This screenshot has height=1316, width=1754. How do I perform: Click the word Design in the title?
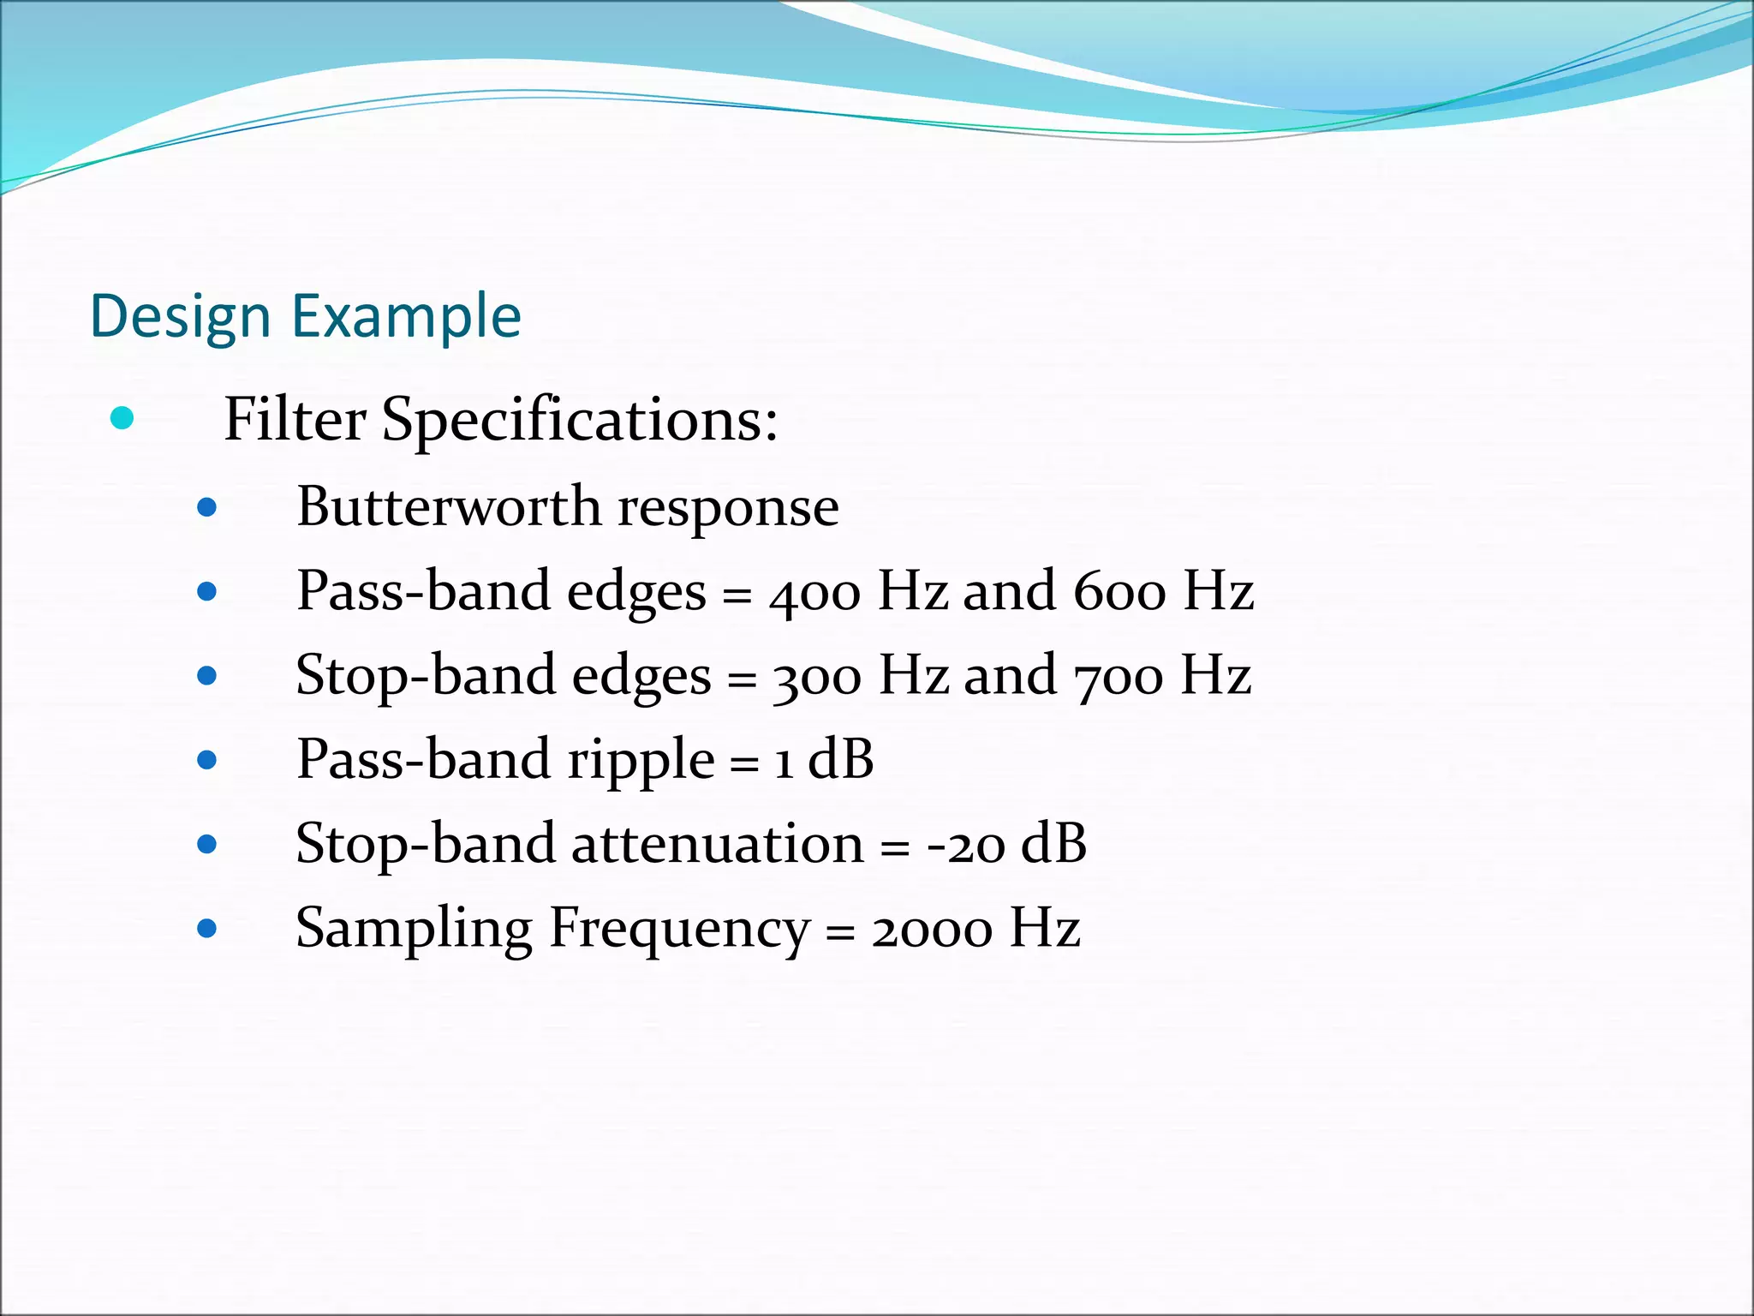click(x=181, y=317)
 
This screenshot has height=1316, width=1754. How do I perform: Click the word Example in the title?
click(x=406, y=317)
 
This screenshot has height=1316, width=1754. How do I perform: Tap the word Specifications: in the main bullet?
click(x=579, y=420)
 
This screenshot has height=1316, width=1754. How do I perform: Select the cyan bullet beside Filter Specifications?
click(x=122, y=418)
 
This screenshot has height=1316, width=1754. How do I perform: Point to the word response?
click(x=728, y=508)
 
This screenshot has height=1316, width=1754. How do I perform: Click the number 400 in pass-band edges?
click(x=814, y=592)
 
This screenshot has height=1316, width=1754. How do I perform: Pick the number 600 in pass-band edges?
click(x=1119, y=592)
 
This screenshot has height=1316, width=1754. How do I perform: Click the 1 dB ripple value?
click(x=823, y=759)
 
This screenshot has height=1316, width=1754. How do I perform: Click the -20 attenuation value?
click(x=965, y=844)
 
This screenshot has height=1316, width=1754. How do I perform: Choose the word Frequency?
click(x=678, y=929)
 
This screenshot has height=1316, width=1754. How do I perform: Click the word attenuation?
click(x=718, y=844)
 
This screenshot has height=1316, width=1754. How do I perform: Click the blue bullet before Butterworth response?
click(x=206, y=508)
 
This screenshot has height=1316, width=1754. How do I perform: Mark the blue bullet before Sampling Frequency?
click(x=206, y=929)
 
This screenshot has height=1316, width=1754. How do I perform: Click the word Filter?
click(x=295, y=420)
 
